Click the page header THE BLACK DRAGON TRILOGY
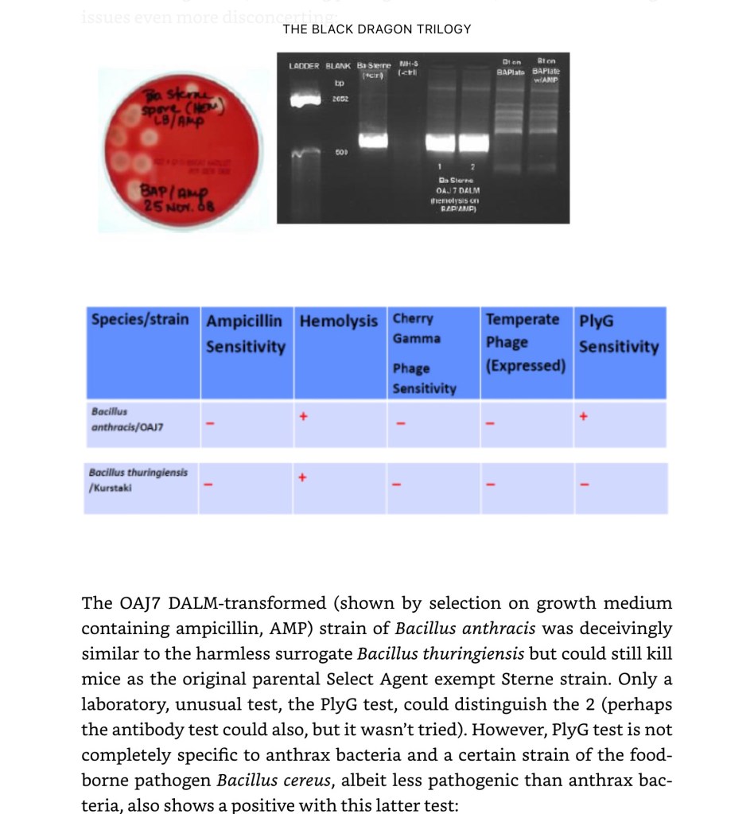[376, 29]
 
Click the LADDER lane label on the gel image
[304, 66]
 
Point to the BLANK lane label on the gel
[339, 66]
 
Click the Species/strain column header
[140, 320]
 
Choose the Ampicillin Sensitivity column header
[245, 334]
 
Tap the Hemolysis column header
[338, 321]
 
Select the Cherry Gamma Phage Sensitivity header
[424, 353]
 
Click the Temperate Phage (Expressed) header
[525, 342]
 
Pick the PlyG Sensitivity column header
[618, 334]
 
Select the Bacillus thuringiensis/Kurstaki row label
[138, 480]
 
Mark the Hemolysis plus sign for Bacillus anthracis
[302, 416]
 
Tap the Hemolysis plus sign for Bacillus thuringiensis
[302, 477]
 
